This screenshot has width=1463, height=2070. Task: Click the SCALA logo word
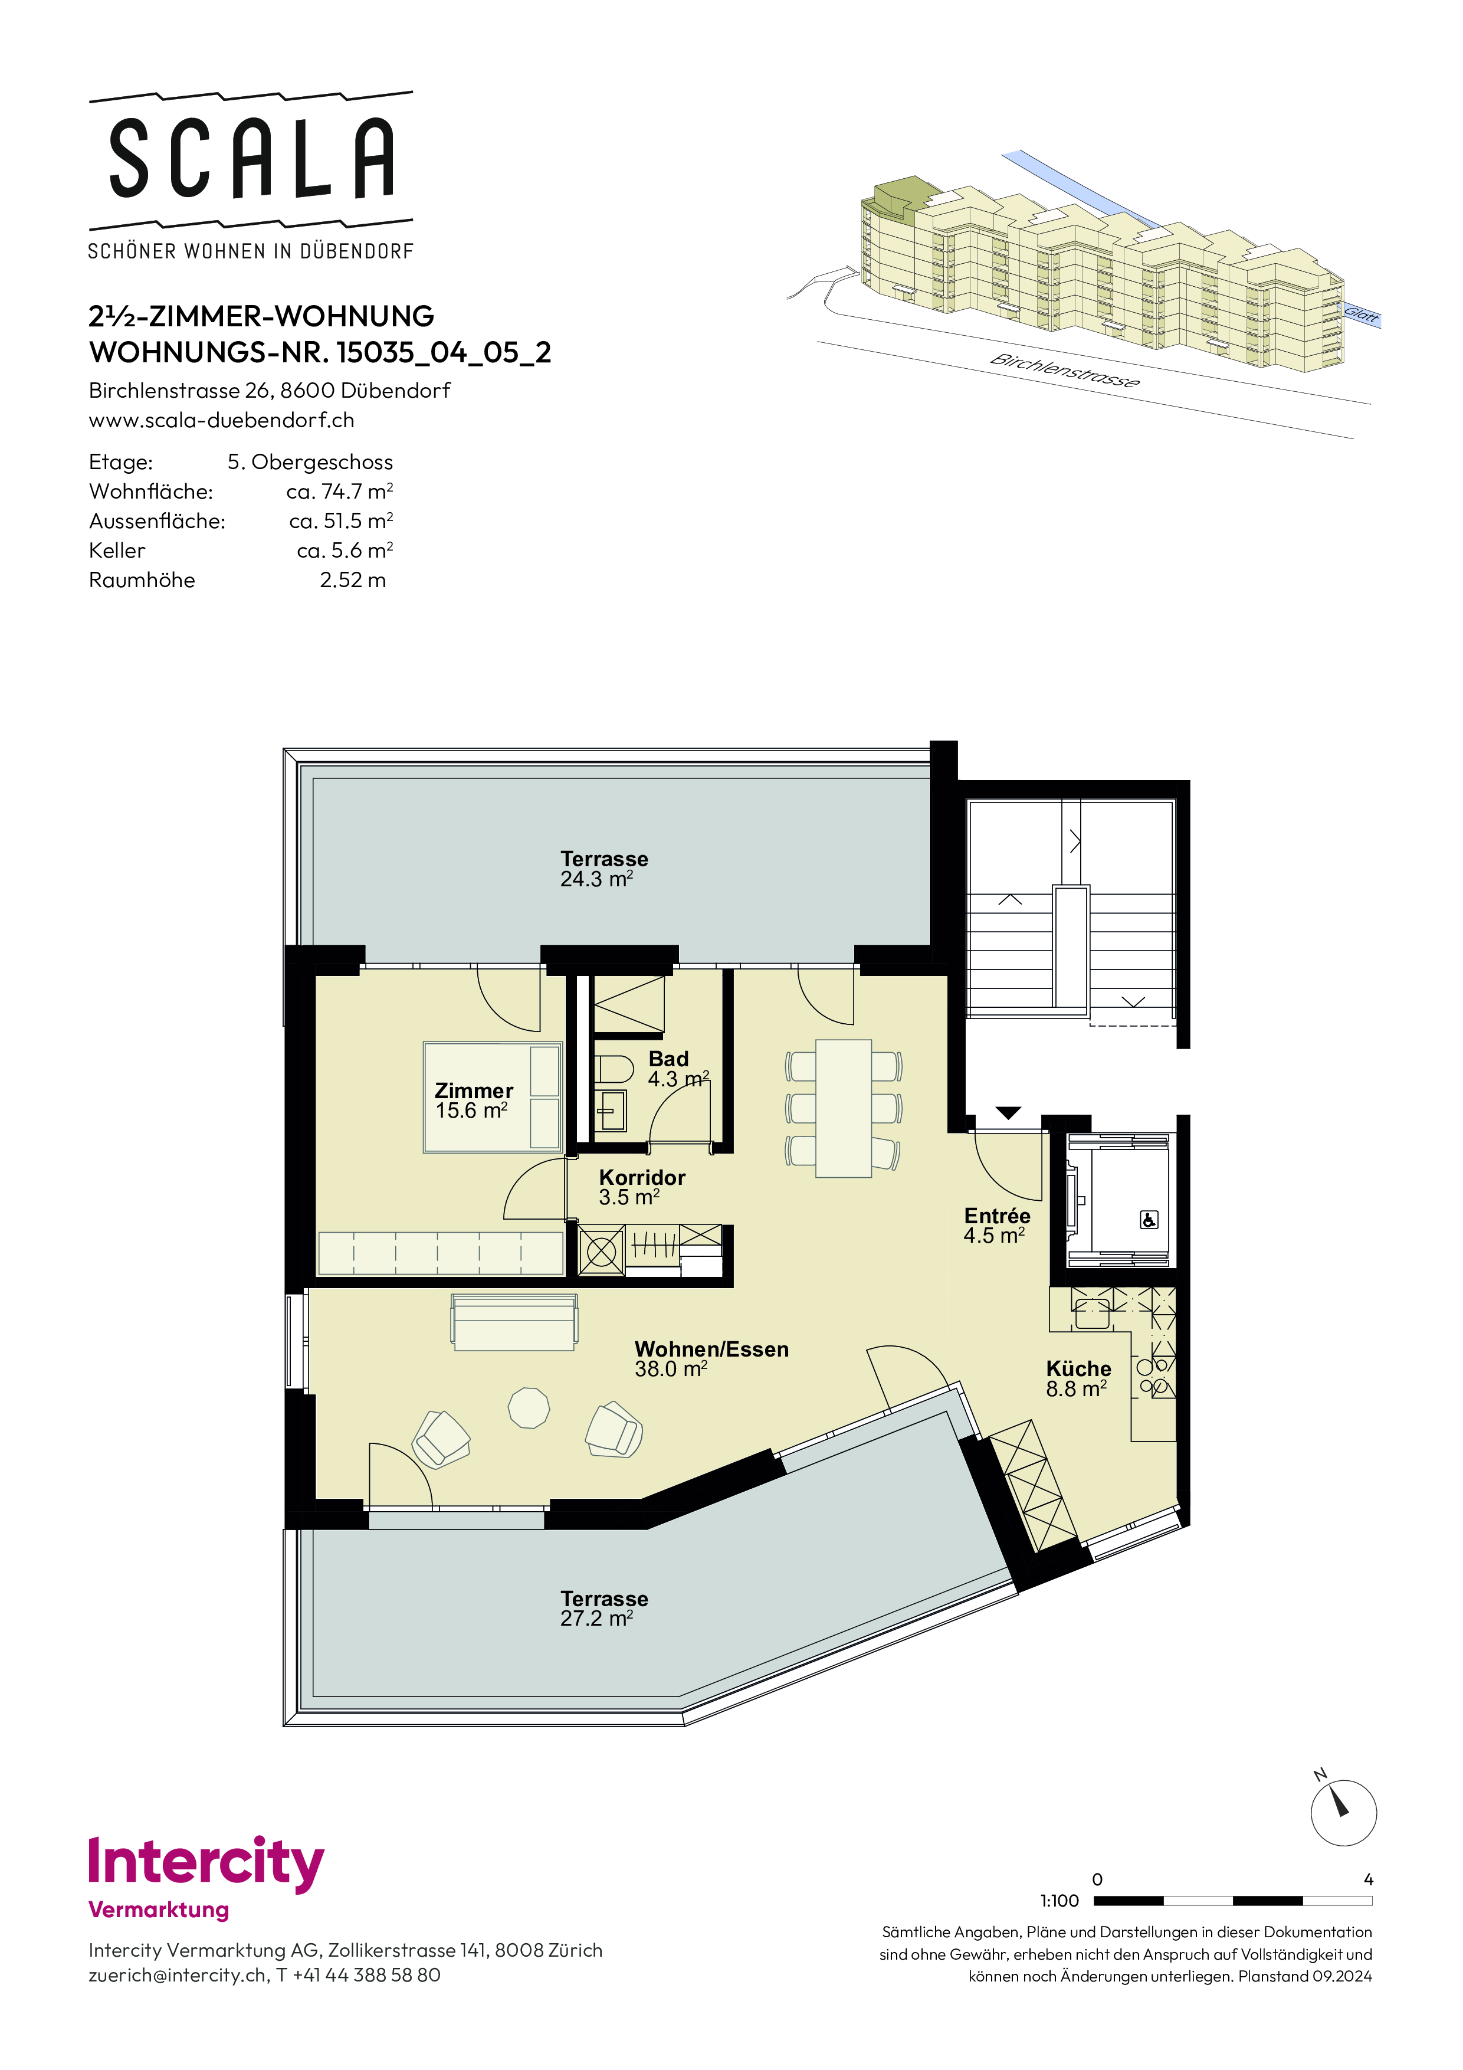251,159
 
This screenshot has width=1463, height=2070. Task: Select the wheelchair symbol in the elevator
1149,1220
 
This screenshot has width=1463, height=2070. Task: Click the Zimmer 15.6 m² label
473,1101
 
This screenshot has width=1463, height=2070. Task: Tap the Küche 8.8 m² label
1078,1378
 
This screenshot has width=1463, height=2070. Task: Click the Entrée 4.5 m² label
996,1225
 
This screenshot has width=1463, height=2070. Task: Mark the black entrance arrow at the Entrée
1008,1113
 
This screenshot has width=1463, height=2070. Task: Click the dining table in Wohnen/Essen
844,1108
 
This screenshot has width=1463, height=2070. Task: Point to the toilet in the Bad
613,1070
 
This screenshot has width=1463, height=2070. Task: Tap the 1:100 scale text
1059,1901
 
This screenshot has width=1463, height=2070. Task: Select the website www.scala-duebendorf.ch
222,420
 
